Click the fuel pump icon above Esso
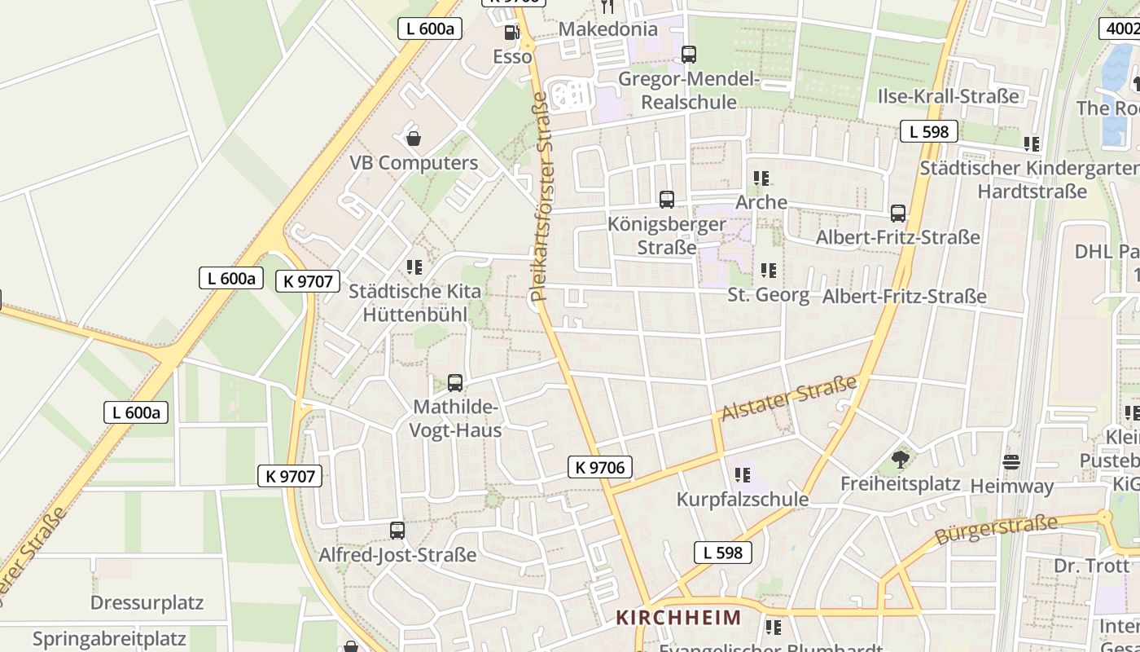pyautogui.click(x=511, y=33)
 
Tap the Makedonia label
pyautogui.click(x=608, y=29)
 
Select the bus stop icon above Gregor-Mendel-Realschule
pyautogui.click(x=689, y=55)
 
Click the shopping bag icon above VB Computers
pyautogui.click(x=414, y=139)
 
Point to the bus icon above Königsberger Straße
pyautogui.click(x=667, y=199)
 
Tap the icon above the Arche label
pyautogui.click(x=761, y=178)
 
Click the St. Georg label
pyautogui.click(x=768, y=294)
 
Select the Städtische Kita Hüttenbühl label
pyautogui.click(x=414, y=302)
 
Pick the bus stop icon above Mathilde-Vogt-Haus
pyautogui.click(x=455, y=382)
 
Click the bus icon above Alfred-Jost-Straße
pyautogui.click(x=397, y=531)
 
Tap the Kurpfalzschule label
pyautogui.click(x=743, y=499)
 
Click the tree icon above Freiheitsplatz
pyautogui.click(x=900, y=460)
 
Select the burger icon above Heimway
pyautogui.click(x=1011, y=462)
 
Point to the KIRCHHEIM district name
pyautogui.click(x=678, y=617)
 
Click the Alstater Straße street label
pyautogui.click(x=789, y=398)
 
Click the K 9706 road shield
pyautogui.click(x=600, y=467)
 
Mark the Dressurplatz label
pyautogui.click(x=147, y=603)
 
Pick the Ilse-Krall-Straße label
pyautogui.click(x=948, y=96)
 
